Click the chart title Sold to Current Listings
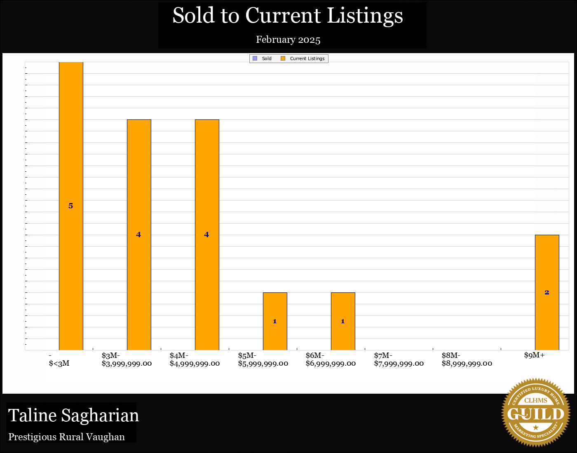click(x=288, y=16)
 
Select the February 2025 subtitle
click(x=288, y=40)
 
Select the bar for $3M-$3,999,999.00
click(x=139, y=198)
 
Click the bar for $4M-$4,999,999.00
click(x=207, y=198)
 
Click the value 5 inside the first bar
click(x=71, y=206)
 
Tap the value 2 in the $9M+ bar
click(x=547, y=292)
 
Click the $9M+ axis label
click(x=534, y=355)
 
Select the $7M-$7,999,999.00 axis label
click(x=399, y=360)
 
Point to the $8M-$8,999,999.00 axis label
click(x=467, y=360)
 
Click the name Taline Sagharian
click(x=74, y=415)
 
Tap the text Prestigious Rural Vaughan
click(x=67, y=437)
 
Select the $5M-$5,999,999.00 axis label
click(x=263, y=360)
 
